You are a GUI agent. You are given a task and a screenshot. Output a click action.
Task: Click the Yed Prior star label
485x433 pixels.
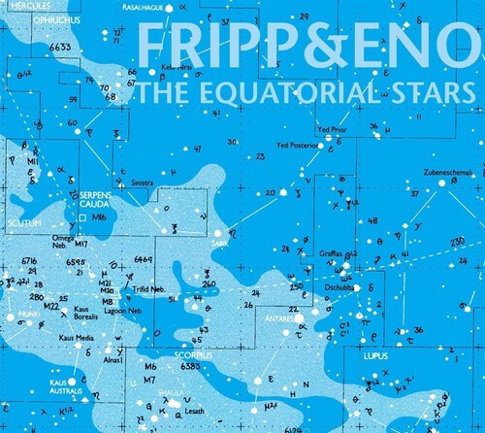[x=332, y=128]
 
